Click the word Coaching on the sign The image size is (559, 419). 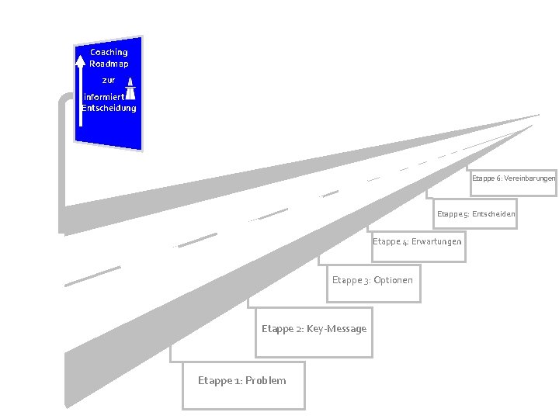tap(109, 52)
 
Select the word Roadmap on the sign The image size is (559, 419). tap(109, 63)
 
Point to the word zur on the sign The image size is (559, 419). tap(108, 80)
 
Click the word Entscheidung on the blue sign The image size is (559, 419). tap(109, 108)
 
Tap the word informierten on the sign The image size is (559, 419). tap(103, 97)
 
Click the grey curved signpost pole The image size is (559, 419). tap(61, 155)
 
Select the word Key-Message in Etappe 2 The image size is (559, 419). tap(336, 329)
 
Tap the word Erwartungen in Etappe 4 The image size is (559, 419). tap(436, 241)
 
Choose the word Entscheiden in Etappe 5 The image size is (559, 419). tap(494, 213)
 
